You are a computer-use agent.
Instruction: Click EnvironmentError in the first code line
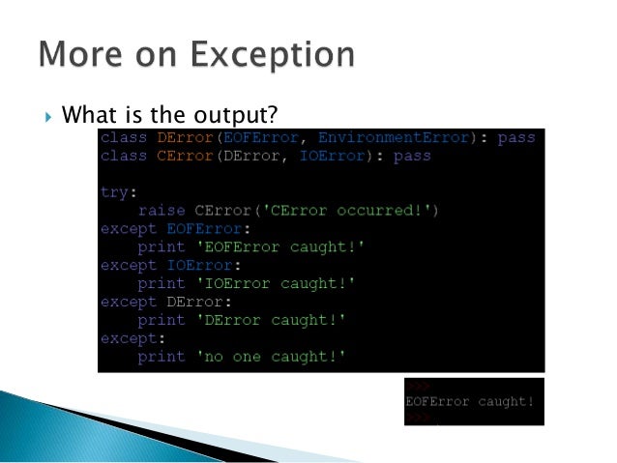click(396, 138)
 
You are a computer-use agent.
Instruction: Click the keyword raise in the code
click(162, 211)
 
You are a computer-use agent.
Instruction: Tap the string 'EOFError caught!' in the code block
click(256, 247)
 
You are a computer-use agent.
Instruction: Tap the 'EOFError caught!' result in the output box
click(470, 401)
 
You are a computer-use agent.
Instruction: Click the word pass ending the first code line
click(516, 138)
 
